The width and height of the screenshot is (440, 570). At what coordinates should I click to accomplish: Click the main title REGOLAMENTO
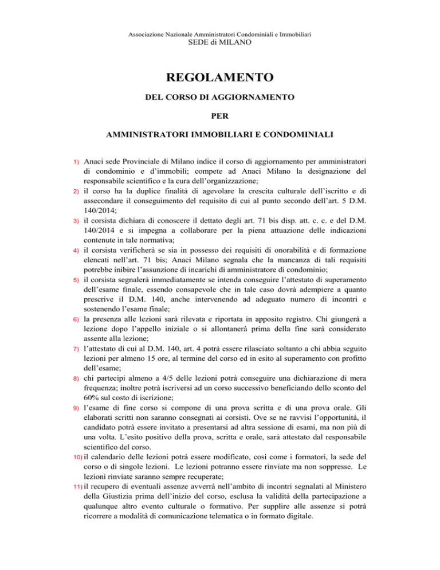coord(220,76)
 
